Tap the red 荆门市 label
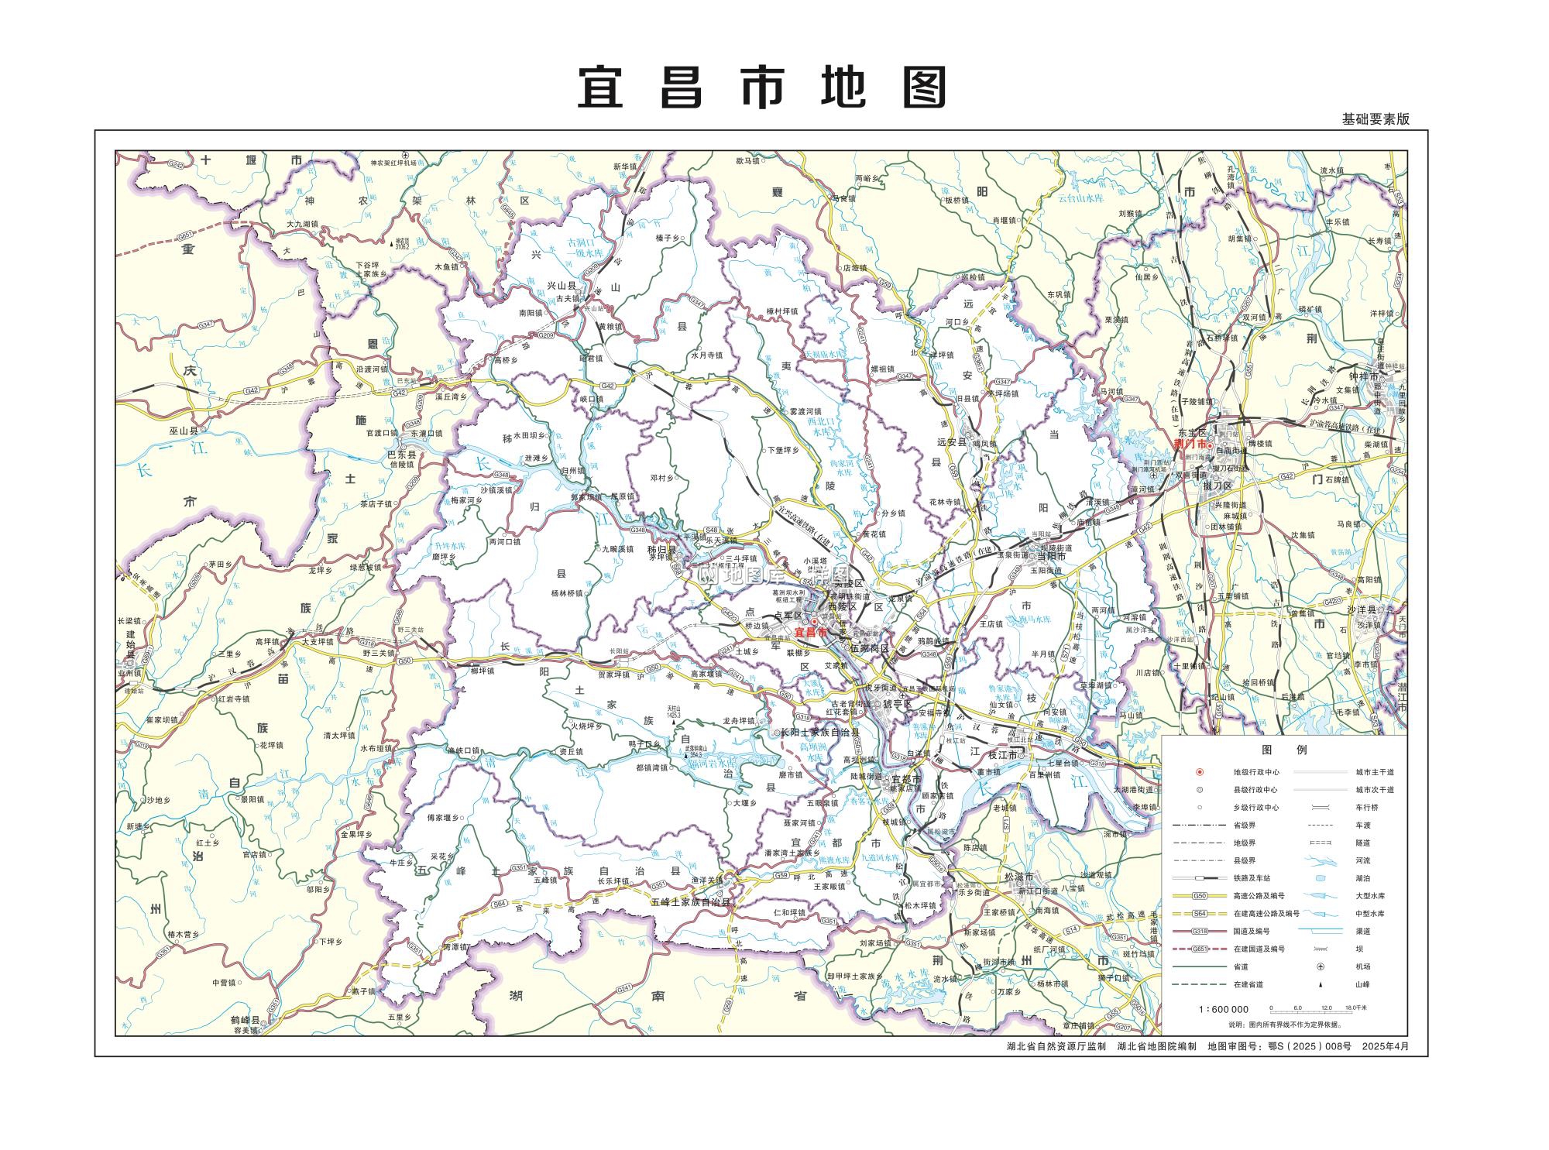(1190, 444)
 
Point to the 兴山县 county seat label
(562, 286)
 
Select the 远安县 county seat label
(953, 442)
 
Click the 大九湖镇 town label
(303, 224)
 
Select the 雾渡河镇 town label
(805, 411)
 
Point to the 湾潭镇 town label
(455, 946)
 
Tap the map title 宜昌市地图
(763, 88)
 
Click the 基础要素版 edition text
(1376, 119)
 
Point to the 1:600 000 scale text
(1224, 1009)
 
